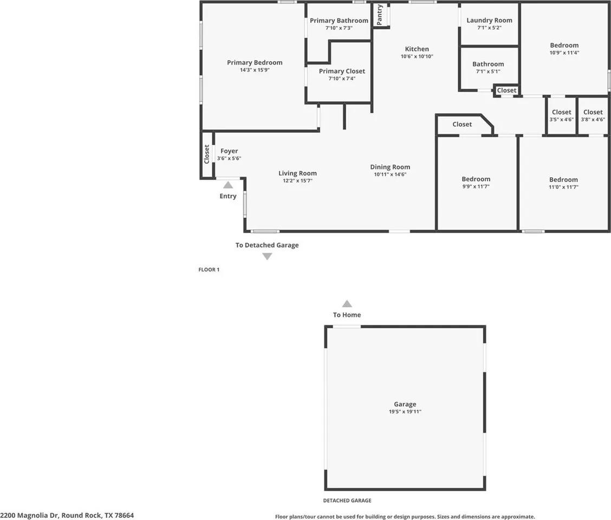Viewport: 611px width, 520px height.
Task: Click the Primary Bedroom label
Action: pos(255,63)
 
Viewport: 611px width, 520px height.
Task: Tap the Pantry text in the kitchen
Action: pos(380,15)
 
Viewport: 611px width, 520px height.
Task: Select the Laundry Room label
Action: pos(489,21)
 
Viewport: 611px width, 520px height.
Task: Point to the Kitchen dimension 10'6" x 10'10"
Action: pos(417,56)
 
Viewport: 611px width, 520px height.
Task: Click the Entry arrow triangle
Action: pos(228,185)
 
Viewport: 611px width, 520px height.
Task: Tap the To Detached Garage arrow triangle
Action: pos(267,257)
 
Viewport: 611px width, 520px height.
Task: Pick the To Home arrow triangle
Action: pos(347,304)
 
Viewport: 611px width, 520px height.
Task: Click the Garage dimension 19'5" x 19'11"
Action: pos(405,412)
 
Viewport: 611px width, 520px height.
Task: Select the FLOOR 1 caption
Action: pos(209,269)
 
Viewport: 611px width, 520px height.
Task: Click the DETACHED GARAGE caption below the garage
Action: pos(347,500)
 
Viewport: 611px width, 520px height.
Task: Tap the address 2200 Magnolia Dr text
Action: pos(67,515)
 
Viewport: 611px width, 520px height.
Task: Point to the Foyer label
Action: pos(229,151)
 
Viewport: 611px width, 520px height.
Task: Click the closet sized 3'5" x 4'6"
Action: pos(562,116)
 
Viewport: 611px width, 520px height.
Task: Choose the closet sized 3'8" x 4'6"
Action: pos(593,116)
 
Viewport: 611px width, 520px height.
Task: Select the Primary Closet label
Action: pos(342,71)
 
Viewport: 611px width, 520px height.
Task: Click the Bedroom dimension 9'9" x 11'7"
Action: pos(476,186)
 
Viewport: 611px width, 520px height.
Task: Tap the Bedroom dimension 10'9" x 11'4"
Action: pos(564,53)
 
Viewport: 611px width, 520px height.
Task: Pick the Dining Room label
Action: pos(390,167)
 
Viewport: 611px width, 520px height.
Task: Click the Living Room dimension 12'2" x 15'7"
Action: pos(297,181)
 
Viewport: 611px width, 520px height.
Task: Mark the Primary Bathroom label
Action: pos(339,21)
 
